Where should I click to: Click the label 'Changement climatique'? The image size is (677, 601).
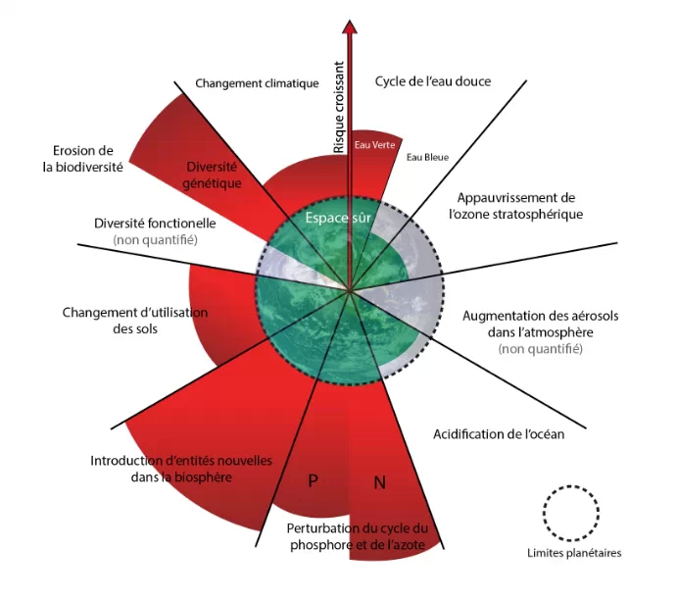[257, 83]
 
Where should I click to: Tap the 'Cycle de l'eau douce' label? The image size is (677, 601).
[432, 81]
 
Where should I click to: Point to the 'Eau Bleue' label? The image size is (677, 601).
[427, 157]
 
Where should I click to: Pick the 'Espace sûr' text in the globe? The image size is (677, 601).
[337, 217]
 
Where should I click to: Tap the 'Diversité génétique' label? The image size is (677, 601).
[211, 175]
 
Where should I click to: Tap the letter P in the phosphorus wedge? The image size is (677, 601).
[314, 480]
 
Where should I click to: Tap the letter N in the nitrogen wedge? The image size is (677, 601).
[380, 481]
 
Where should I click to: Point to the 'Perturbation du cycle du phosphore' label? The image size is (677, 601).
[359, 535]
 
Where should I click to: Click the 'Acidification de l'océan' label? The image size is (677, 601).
[499, 434]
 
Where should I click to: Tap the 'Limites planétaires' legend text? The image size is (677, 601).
[572, 553]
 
